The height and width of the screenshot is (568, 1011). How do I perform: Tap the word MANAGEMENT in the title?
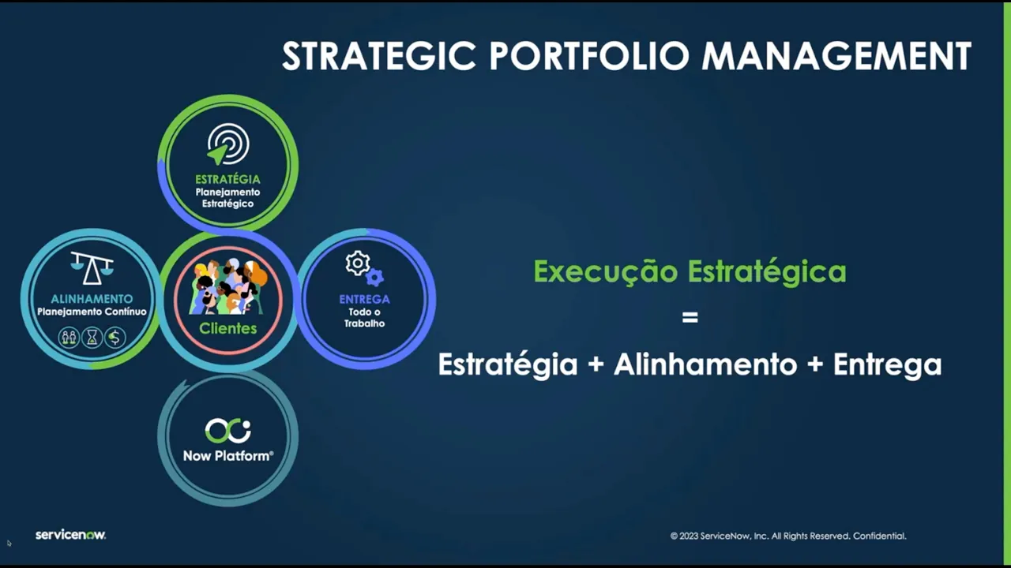click(836, 57)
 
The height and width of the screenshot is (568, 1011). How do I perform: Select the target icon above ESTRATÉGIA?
click(227, 145)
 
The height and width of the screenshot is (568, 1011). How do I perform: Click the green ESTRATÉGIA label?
click(227, 179)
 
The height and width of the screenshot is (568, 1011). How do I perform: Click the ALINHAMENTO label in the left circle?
click(92, 299)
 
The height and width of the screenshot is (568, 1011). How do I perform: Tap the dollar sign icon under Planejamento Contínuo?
click(115, 338)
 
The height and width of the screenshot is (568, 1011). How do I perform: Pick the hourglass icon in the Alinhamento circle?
click(92, 338)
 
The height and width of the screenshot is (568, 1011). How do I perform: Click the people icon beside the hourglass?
click(70, 338)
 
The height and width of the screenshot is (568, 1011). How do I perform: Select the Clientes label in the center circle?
click(227, 328)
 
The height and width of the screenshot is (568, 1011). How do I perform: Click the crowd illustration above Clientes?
click(227, 287)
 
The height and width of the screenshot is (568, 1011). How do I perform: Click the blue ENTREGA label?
click(364, 299)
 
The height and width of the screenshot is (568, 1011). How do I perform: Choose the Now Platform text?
click(227, 456)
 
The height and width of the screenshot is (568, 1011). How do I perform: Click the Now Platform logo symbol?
click(227, 431)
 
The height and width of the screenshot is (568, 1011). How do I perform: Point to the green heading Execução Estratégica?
click(690, 271)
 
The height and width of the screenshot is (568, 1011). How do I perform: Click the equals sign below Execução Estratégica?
click(690, 318)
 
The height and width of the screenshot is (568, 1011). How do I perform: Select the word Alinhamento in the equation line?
click(705, 364)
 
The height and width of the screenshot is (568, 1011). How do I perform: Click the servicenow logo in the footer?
click(70, 535)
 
